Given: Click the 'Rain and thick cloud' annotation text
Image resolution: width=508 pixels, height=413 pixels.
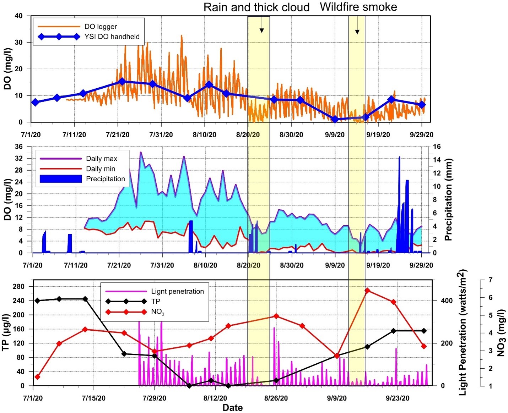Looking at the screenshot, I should (256, 7).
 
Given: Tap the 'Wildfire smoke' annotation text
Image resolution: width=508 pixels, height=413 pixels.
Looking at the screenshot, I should (358, 7).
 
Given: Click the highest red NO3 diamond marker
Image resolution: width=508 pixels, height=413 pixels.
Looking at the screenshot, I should (368, 291).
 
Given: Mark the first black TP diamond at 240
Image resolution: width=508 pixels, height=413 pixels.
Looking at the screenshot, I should (37, 301).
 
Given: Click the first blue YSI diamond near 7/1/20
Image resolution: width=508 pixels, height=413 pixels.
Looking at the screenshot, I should (35, 102).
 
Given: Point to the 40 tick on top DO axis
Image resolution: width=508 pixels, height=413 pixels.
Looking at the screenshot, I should (18, 16).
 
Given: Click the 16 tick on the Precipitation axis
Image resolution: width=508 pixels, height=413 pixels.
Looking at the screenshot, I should (437, 147).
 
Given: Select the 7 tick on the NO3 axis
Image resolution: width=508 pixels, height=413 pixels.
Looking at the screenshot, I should (490, 280).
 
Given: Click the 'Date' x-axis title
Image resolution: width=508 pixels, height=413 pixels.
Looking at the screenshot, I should (233, 408).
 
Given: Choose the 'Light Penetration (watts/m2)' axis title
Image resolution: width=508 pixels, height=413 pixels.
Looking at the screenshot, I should (462, 332).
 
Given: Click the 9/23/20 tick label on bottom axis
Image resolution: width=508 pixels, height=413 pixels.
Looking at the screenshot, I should (398, 398).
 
